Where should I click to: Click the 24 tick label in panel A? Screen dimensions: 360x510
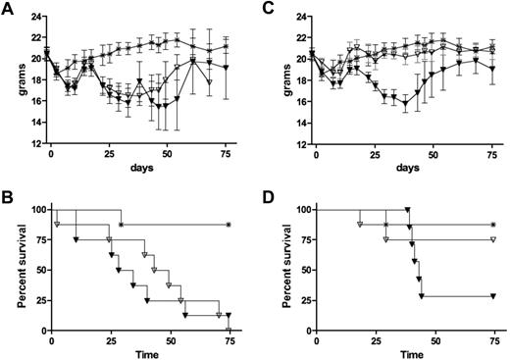point(33,16)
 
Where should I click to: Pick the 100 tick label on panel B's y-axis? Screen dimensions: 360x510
point(31,209)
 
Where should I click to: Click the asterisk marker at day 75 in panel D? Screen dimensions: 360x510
point(492,225)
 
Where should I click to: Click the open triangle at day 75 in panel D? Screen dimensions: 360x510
point(492,239)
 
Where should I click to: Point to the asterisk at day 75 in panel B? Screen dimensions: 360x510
point(228,225)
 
